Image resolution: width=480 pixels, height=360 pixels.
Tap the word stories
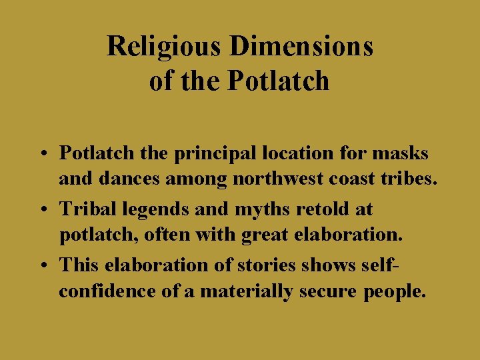[x=270, y=265]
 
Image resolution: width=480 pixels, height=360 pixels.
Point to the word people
[x=393, y=293]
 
